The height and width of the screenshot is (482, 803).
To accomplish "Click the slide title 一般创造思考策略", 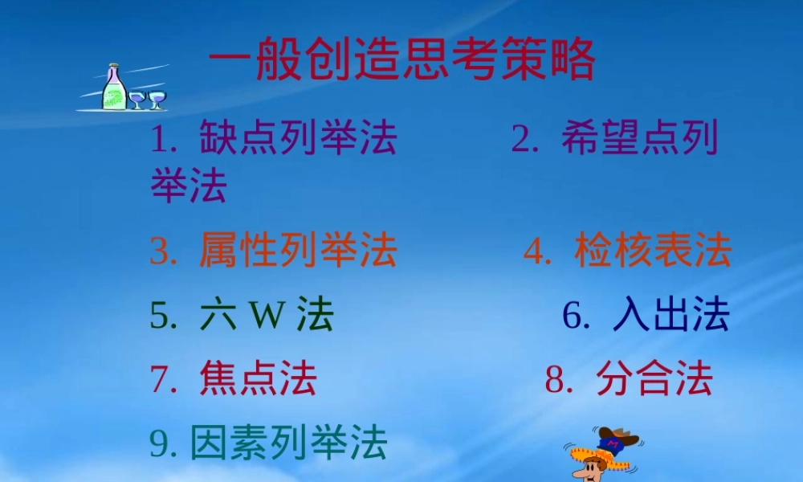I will coord(401,60).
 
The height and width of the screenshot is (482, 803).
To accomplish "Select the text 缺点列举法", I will coord(298,139).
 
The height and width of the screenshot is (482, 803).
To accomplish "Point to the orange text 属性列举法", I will coord(298,251).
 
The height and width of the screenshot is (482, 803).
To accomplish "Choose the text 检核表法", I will coord(653,251).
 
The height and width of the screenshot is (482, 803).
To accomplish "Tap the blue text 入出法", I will coord(671,315).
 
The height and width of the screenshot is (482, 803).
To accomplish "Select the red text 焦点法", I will coord(258,378).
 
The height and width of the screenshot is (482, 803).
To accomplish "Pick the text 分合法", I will coord(654,378).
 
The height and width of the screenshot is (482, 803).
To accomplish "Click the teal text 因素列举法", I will coord(289,443).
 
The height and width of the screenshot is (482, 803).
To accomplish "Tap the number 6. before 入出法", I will coord(576,316).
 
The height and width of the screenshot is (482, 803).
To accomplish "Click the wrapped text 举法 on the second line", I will coord(190,186).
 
